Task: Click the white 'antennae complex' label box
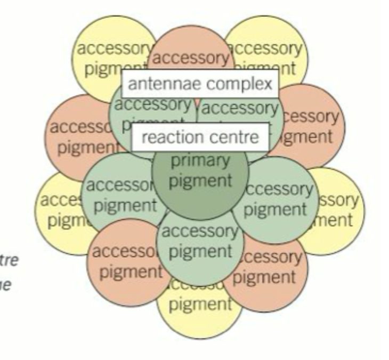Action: click(200, 84)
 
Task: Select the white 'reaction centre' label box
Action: click(200, 137)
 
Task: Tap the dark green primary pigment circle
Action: click(200, 176)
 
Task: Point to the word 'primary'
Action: click(200, 160)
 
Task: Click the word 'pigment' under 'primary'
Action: click(200, 181)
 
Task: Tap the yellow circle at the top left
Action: click(107, 51)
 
